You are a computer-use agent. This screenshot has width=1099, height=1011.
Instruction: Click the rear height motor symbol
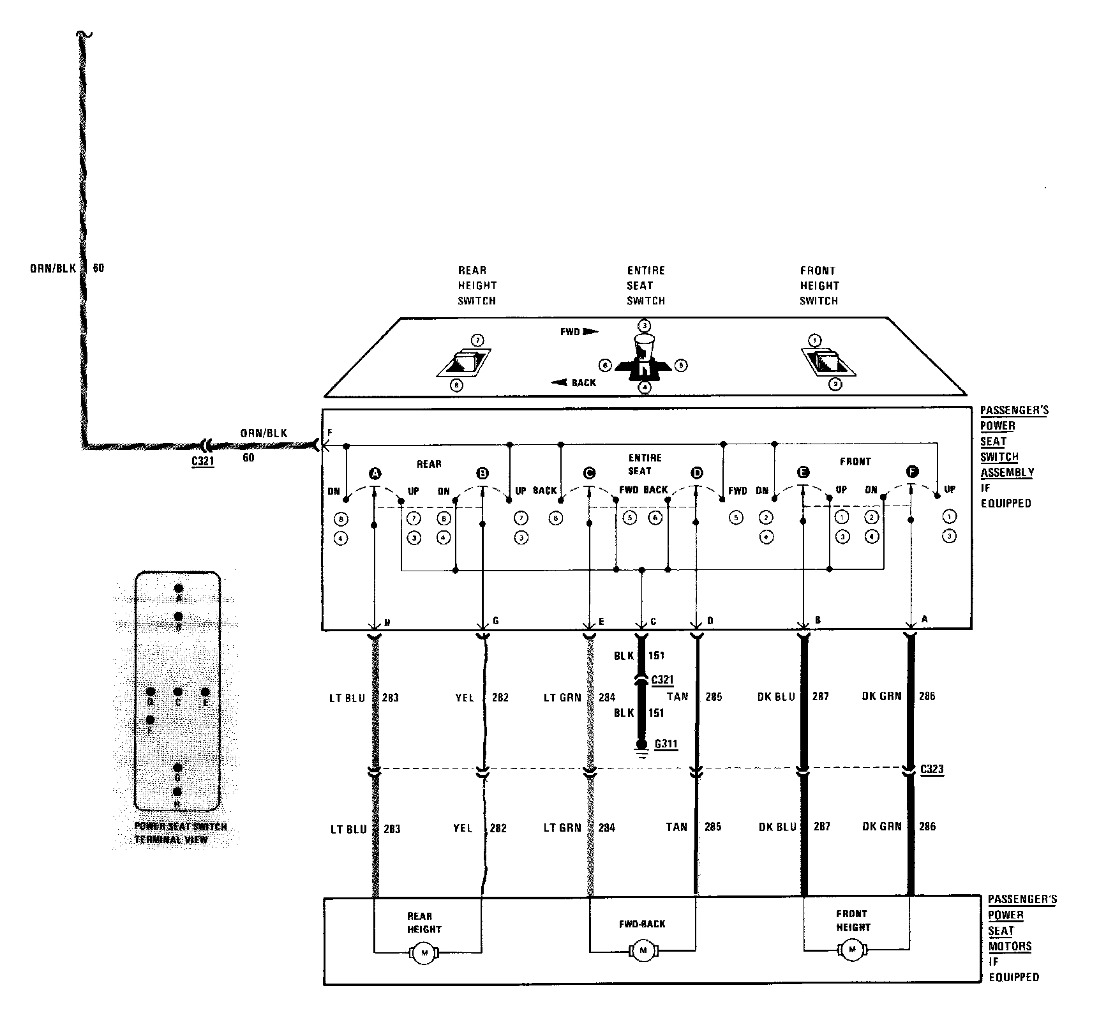pos(424,954)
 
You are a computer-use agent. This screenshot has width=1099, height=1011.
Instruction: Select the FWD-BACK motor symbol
pos(643,951)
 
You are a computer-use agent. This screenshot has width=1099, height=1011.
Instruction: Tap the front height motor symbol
pos(852,950)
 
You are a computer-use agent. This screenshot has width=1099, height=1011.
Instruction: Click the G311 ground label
pos(666,744)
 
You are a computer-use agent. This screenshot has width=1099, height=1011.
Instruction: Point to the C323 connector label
pos(932,769)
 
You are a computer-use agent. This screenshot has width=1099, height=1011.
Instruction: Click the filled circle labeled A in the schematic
pos(375,474)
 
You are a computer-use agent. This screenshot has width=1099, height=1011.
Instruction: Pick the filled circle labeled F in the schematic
pos(912,472)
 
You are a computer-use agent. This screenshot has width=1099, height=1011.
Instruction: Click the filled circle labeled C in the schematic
pos(589,473)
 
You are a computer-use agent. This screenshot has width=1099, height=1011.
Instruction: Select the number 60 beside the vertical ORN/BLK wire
pos(98,268)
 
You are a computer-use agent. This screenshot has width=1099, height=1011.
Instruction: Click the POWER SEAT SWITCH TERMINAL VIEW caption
pos(180,833)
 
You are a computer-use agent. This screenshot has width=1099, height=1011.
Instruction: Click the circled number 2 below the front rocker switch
pos(835,384)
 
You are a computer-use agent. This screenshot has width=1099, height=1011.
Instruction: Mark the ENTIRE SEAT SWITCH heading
pos(645,285)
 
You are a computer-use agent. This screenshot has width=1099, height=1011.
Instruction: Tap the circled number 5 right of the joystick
pos(681,366)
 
